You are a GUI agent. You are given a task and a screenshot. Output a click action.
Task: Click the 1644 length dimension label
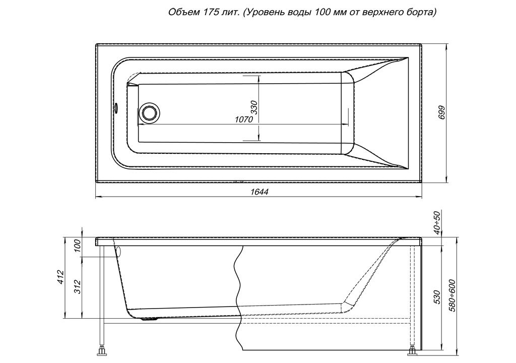click(260, 192)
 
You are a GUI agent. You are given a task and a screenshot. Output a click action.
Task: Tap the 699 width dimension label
click(442, 113)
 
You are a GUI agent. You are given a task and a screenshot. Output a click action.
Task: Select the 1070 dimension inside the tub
click(244, 119)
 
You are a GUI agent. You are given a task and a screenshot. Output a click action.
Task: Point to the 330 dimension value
click(254, 107)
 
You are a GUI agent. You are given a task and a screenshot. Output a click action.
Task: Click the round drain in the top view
click(150, 112)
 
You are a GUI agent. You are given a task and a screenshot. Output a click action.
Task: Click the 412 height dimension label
click(59, 278)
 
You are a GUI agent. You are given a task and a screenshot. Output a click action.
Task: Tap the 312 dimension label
click(77, 287)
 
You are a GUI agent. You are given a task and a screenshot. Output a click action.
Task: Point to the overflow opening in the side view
click(118, 252)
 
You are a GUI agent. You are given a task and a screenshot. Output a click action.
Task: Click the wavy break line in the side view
click(239, 298)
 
